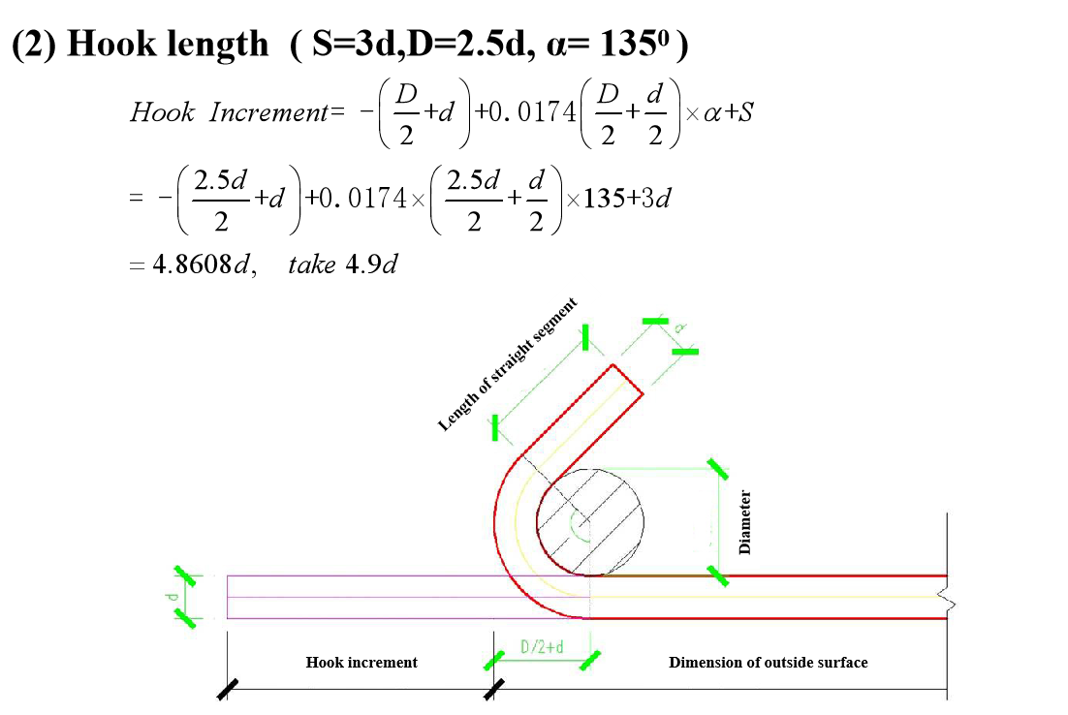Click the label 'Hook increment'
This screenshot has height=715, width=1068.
click(361, 663)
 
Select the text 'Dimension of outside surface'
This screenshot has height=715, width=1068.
click(768, 663)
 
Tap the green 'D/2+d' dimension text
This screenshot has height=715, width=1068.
click(542, 647)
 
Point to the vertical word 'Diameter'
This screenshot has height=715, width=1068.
click(744, 522)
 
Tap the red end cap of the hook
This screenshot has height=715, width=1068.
click(627, 380)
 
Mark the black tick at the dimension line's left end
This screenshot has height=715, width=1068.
click(227, 689)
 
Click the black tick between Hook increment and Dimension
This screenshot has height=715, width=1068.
click(494, 689)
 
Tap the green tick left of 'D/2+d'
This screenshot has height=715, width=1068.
click(494, 661)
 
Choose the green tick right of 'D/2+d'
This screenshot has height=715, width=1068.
click(589, 661)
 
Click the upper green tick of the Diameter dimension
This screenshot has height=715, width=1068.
click(718, 469)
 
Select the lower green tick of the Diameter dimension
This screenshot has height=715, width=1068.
click(718, 575)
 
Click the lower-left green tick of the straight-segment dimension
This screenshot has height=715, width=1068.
click(495, 427)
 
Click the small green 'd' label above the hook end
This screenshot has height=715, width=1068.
click(680, 327)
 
